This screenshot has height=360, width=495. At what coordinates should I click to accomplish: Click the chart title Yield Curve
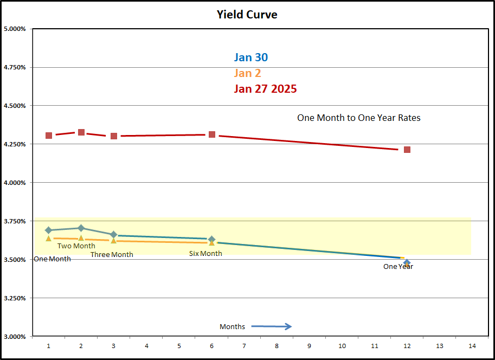click(x=247, y=15)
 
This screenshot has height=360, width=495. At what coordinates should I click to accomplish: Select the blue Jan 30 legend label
click(x=250, y=57)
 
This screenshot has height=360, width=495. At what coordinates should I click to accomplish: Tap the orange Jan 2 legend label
click(x=247, y=73)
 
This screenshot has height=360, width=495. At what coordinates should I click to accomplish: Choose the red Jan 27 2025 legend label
click(x=265, y=89)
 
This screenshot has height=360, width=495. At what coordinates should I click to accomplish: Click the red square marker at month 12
click(x=407, y=150)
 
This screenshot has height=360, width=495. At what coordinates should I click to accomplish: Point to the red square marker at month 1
click(x=49, y=136)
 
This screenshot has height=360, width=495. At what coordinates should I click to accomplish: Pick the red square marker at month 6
click(x=212, y=134)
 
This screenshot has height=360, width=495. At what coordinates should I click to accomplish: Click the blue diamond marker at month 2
click(x=81, y=228)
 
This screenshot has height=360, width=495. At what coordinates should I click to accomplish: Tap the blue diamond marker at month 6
click(x=212, y=239)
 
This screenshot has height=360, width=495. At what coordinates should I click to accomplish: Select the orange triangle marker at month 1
click(x=49, y=238)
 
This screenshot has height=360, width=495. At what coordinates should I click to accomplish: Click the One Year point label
click(x=398, y=266)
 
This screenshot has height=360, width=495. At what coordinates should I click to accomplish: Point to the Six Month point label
click(x=205, y=254)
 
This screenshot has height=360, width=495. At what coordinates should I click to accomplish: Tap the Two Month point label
click(x=76, y=246)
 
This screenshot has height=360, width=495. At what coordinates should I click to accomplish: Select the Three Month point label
click(x=112, y=255)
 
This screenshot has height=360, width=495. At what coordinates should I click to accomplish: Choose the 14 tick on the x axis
click(x=472, y=346)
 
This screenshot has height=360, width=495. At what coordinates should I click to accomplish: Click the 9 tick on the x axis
click(x=309, y=346)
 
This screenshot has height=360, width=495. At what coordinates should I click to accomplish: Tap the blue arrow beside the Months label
click(x=272, y=326)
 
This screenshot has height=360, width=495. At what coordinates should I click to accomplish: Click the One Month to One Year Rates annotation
click(x=358, y=118)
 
